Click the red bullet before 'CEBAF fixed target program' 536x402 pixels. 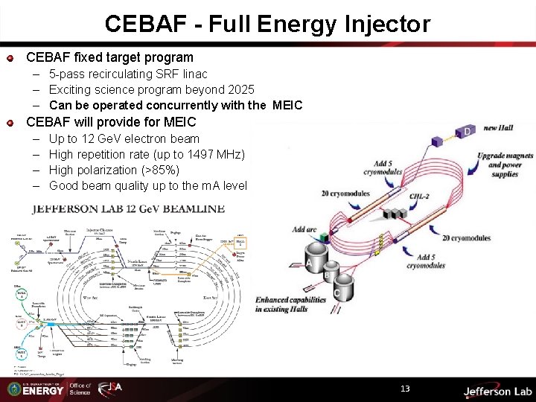[10, 58]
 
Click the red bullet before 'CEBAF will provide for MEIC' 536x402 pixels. [10, 122]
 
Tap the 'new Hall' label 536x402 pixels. [501, 128]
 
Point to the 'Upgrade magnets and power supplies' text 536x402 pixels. [506, 165]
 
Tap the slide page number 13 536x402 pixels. [405, 389]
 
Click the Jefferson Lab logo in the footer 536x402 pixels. [497, 390]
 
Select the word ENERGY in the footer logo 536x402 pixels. [44, 391]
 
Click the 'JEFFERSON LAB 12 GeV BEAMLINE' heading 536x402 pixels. [128, 208]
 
